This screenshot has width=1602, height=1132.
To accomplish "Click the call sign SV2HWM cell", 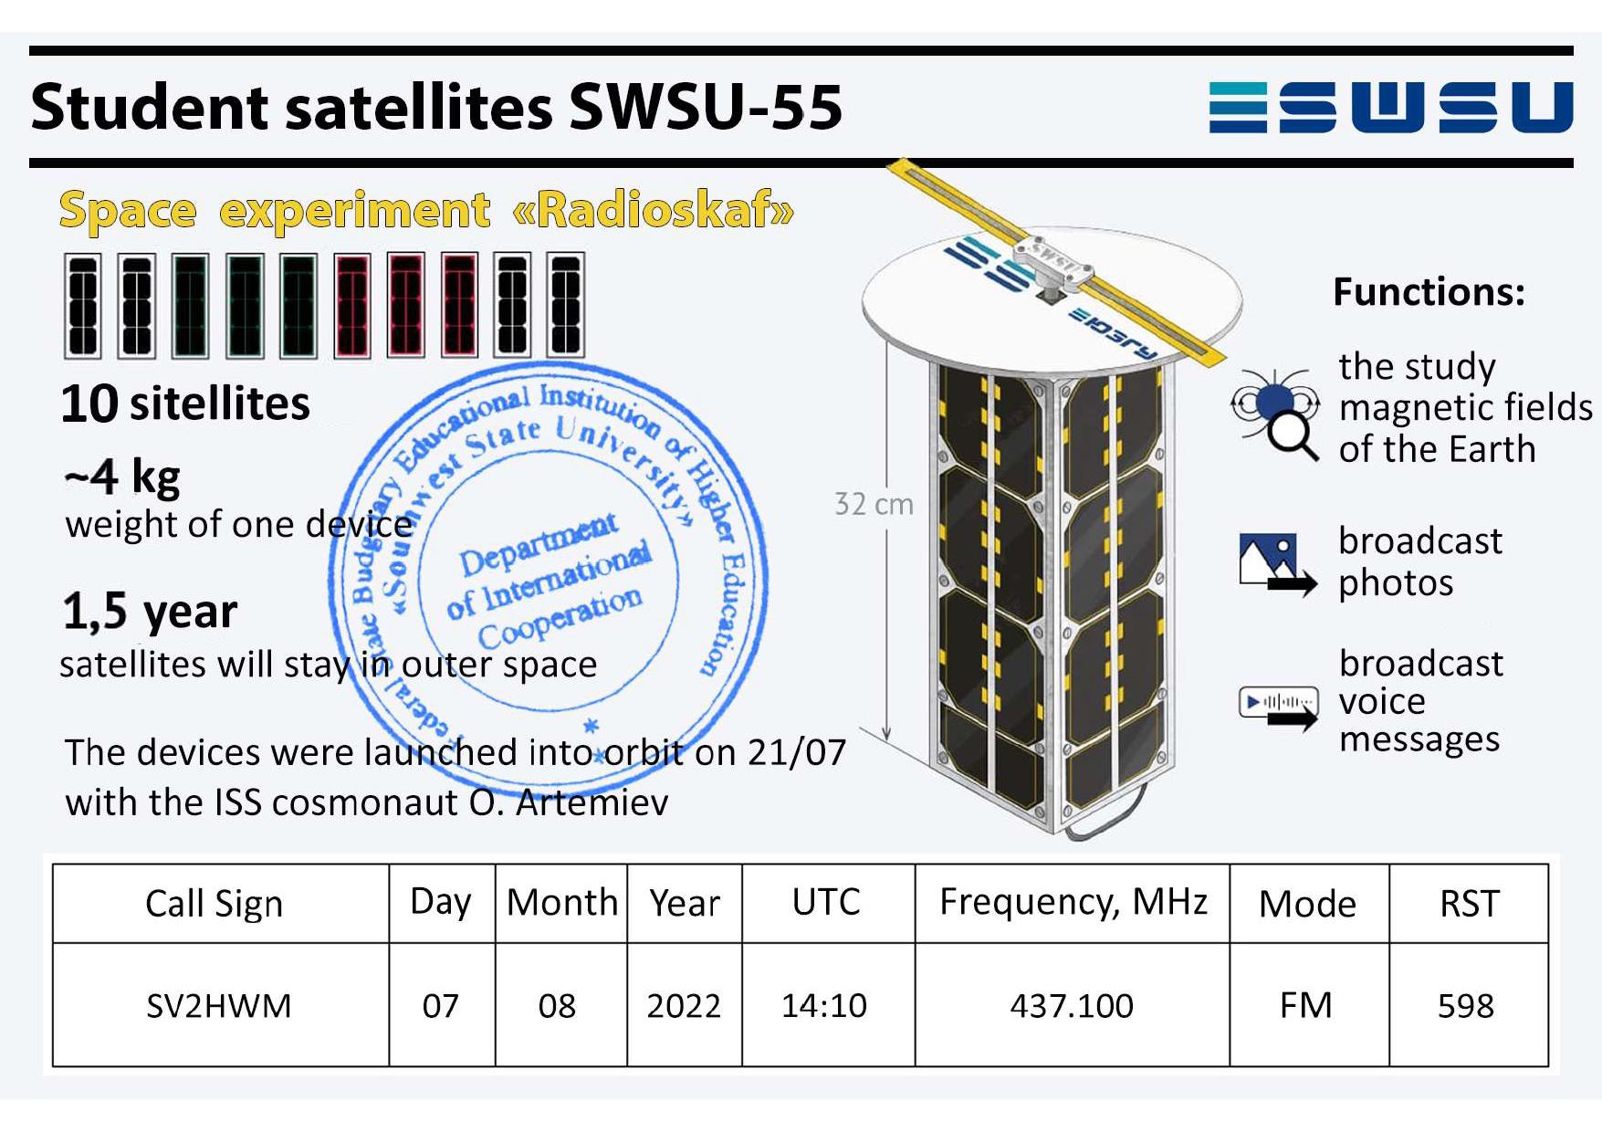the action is [219, 1005].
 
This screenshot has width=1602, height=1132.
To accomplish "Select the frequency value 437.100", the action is [1072, 1005].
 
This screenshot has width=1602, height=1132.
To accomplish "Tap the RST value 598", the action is [1466, 1005].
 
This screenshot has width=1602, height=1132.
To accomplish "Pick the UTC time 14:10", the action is [824, 1005].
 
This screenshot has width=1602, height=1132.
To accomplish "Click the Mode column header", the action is [1307, 904].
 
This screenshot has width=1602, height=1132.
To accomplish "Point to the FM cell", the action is [1306, 1005].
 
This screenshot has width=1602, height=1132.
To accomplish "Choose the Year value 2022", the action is [684, 1005].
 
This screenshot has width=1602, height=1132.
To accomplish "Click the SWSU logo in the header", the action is [1391, 107].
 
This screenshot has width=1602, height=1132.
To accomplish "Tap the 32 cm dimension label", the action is [874, 504].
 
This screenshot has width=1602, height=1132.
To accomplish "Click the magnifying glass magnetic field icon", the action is [1275, 414].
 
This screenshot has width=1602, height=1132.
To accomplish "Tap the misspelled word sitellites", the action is [220, 404].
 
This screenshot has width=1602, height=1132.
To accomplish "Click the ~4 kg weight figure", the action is [122, 477].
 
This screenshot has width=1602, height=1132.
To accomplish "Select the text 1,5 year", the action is [151, 612].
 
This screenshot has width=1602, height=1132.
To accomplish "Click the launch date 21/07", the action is [797, 752].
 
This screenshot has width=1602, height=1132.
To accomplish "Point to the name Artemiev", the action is [592, 802].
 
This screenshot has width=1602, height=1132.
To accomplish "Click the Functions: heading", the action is [1429, 292].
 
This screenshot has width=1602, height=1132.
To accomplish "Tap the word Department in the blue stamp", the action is [539, 544].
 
